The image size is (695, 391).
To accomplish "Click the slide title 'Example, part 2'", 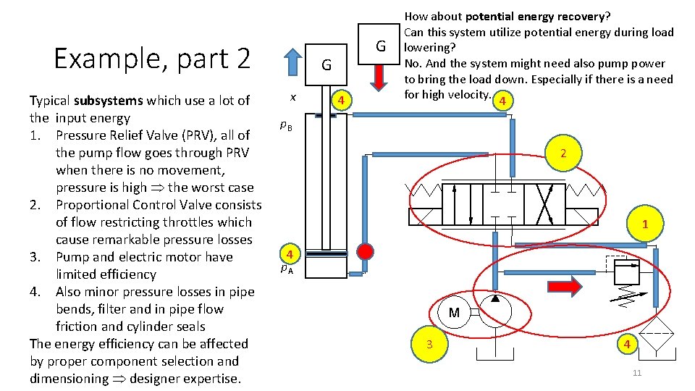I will tap(152, 58).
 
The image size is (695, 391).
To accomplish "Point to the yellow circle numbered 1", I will tap(644, 224).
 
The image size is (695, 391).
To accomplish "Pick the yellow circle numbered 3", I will tap(429, 344).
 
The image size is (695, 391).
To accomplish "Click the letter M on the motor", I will tap(454, 313).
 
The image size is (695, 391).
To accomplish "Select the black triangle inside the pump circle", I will tap(495, 298).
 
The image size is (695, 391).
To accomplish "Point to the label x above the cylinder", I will tap(292, 96).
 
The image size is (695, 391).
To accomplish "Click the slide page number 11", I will tap(637, 373).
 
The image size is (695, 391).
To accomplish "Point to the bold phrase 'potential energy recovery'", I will tap(536, 15).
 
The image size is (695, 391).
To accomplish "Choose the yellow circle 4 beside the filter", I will tap(628, 344).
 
